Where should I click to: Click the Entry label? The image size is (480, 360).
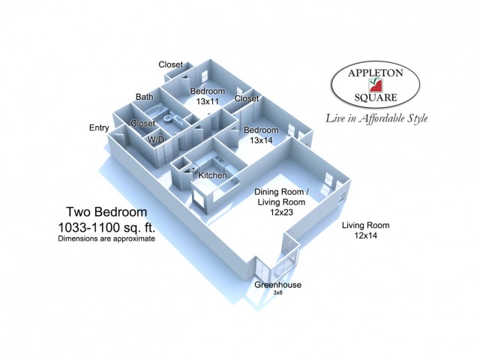(x=99, y=128)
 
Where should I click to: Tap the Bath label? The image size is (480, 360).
(x=145, y=97)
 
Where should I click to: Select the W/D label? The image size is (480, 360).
(x=156, y=139)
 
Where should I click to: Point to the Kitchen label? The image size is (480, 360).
(x=212, y=175)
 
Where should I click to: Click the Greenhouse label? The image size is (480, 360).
(x=278, y=285)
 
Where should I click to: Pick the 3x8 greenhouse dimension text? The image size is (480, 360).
(x=277, y=292)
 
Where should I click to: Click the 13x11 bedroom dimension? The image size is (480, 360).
(x=208, y=101)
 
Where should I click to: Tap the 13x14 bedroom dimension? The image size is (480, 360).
(x=261, y=140)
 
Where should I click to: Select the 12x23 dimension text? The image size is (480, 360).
(x=281, y=212)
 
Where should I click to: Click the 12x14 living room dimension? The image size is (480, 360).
(x=366, y=235)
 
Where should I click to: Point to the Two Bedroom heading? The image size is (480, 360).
(x=106, y=211)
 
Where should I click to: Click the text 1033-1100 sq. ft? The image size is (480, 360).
(x=106, y=227)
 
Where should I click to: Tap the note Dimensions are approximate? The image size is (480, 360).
(x=106, y=238)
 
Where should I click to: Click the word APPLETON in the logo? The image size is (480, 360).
(x=376, y=73)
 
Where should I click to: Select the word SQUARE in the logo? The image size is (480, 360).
(x=376, y=97)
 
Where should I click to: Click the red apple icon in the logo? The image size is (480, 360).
(x=376, y=85)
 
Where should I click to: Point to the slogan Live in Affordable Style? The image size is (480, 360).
(x=376, y=118)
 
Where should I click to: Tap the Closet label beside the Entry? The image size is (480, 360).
(x=143, y=123)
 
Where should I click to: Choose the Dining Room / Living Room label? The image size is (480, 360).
(x=281, y=196)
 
